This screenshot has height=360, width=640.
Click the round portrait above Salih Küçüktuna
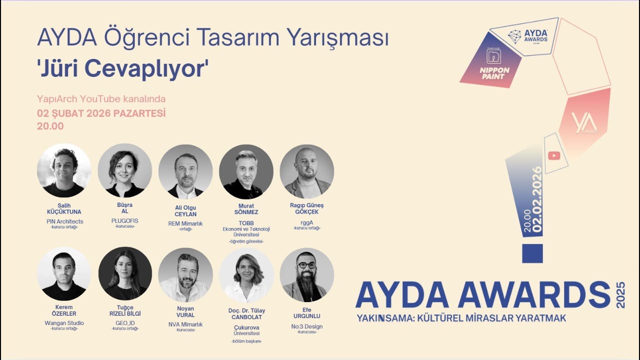[x=64, y=170]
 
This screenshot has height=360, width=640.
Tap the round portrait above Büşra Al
[x=124, y=170]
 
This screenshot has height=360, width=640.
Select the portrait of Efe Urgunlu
[x=306, y=274]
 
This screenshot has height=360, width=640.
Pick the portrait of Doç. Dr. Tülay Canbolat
[x=246, y=275]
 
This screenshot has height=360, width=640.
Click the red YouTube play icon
[x=553, y=155]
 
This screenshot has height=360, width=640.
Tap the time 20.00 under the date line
[x=50, y=126]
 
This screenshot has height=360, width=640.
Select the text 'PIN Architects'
[x=65, y=221]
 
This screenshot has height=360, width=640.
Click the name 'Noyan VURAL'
[x=185, y=312]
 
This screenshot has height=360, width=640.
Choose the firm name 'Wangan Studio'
[x=64, y=323]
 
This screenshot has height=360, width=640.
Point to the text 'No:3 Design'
[x=307, y=326]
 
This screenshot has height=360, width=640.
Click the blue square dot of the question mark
[x=532, y=253]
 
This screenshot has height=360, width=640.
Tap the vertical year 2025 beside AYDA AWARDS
[x=621, y=294]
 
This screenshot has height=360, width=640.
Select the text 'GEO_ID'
[x=125, y=323]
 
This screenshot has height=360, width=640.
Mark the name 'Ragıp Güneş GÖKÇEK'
[x=307, y=208]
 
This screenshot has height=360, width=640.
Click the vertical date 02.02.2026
[x=537, y=200]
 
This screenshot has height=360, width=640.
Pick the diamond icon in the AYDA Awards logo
[x=514, y=36]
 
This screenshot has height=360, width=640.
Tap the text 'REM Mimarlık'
[x=185, y=223]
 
